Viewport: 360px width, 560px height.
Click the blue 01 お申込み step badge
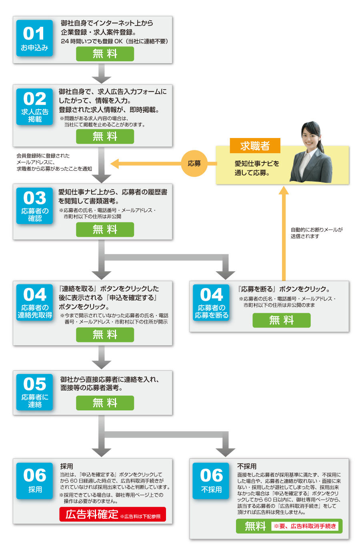(x=34, y=38)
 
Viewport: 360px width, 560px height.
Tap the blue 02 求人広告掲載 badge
(x=34, y=106)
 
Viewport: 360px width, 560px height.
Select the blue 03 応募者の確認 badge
(x=34, y=205)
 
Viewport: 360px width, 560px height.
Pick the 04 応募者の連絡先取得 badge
(x=34, y=302)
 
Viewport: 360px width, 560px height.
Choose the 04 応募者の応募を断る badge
(x=211, y=302)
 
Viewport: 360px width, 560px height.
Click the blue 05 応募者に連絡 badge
(x=34, y=392)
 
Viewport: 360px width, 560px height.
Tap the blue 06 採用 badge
(x=34, y=480)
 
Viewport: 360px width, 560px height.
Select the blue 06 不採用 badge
(x=211, y=480)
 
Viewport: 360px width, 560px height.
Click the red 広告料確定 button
(x=112, y=514)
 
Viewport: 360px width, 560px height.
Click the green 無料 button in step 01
(x=105, y=54)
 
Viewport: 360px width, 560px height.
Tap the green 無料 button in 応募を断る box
(x=281, y=320)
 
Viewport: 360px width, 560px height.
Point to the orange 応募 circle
(x=194, y=163)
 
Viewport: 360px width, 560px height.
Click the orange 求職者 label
(x=255, y=146)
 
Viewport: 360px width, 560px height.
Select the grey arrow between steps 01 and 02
(x=102, y=73)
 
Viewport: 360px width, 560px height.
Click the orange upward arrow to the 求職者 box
(x=284, y=232)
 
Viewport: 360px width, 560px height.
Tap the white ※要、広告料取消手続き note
(x=305, y=526)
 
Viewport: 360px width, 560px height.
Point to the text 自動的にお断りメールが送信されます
(x=316, y=233)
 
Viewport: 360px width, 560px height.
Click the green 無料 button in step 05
(x=105, y=403)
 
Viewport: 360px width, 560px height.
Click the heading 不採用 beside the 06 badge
(x=247, y=466)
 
